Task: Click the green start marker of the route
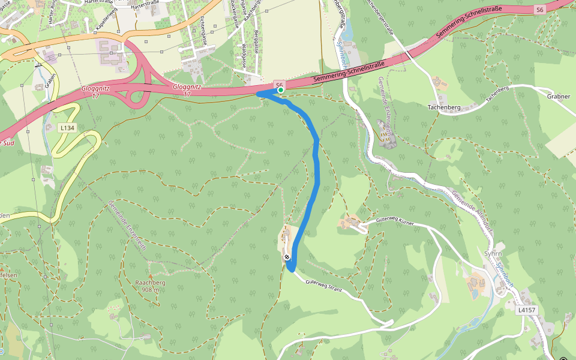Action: [280, 91]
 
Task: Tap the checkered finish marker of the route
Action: [288, 257]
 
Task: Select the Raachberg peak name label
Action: [150, 283]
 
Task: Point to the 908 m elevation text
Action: [150, 290]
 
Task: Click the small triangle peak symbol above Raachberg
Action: [150, 275]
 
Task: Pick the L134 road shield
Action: [67, 128]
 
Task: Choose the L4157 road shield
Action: [526, 310]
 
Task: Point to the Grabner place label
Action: [558, 96]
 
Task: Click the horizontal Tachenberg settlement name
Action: [443, 107]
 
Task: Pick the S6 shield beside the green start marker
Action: [279, 84]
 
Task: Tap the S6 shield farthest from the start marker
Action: [539, 10]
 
